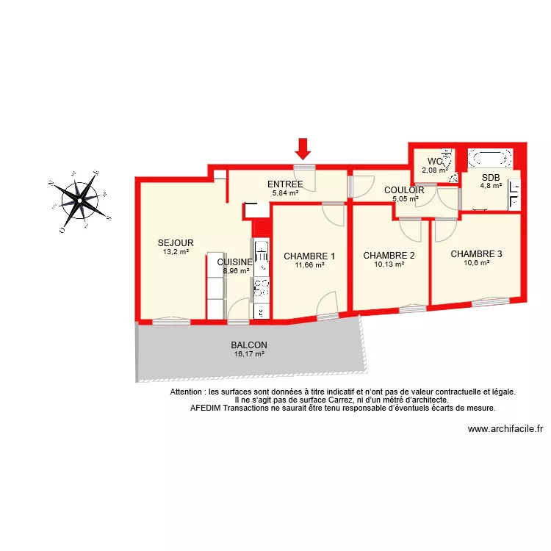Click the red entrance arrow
click(x=303, y=150)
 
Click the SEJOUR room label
click(x=176, y=242)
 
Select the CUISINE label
click(x=235, y=262)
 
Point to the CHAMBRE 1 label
click(x=309, y=256)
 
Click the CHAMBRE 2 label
click(x=389, y=256)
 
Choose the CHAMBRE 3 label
click(x=476, y=254)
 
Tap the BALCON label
click(x=249, y=345)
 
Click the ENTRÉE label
click(x=285, y=184)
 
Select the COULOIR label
click(x=404, y=190)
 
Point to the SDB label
click(x=491, y=177)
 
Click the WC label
click(x=435, y=162)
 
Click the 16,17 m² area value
click(x=249, y=354)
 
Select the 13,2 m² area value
click(x=176, y=251)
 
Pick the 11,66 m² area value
click(x=309, y=265)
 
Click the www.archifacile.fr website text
click(x=505, y=430)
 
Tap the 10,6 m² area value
click(x=476, y=263)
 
